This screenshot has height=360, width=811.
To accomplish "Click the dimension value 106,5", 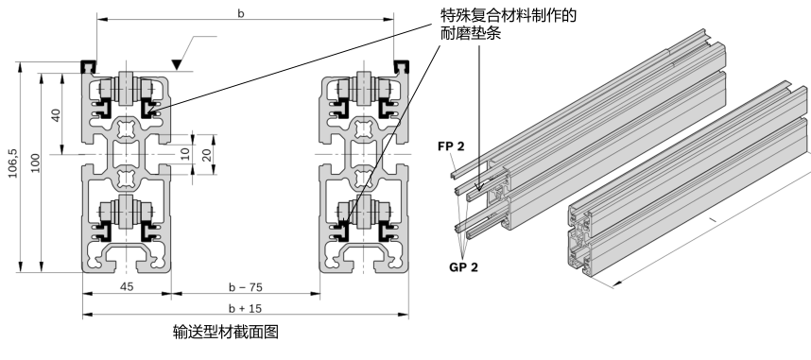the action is pos(13,163).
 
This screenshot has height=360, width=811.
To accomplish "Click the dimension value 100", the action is pos(35,163).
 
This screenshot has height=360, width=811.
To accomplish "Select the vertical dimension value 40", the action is pos(56,115).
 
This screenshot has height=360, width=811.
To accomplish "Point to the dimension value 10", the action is pos(185,154).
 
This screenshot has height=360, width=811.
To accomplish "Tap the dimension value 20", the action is pos(207,155).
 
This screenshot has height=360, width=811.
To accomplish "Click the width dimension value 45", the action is pos(127,286).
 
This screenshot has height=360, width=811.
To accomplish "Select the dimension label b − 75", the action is pos(246,287).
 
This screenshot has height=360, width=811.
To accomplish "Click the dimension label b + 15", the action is pos(246,308).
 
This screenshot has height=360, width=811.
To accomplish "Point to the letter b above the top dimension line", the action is pos(241,13).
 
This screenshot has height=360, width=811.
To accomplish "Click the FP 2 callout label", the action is pos(451,146).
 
